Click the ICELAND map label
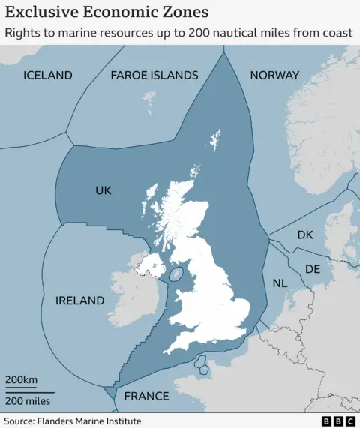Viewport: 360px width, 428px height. [48, 75]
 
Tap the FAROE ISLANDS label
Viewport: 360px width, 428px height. [154, 75]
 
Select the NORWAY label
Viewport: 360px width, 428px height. [274, 75]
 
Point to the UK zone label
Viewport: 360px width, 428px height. [103, 191]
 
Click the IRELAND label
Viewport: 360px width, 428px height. [80, 301]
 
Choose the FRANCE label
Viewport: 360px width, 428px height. [146, 396]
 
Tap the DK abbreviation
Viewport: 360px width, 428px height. [304, 235]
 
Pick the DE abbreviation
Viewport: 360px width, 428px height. [313, 269]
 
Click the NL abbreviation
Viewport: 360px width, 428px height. [280, 283]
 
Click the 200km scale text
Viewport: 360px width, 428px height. [21, 379]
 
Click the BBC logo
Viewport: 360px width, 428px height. [337, 421]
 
